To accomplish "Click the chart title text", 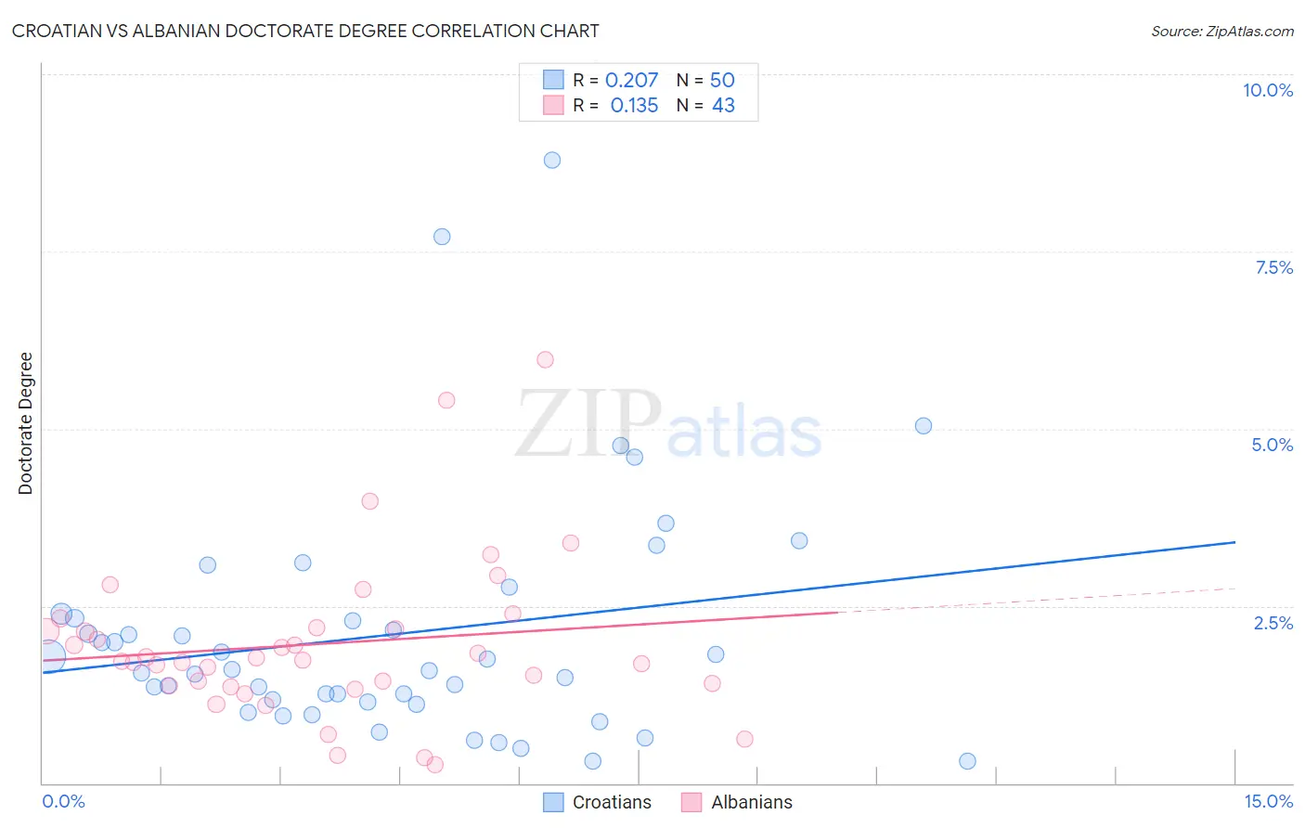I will (x=305, y=31).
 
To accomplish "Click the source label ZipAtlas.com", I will (x=1221, y=31).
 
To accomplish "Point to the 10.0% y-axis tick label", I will (x=1267, y=90).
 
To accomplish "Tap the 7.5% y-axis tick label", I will (x=1273, y=267).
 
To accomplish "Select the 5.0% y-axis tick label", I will (x=1272, y=445).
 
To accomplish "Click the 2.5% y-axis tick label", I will (x=1273, y=623).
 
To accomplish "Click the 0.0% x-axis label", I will (x=63, y=801).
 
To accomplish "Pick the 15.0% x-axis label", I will (x=1268, y=801).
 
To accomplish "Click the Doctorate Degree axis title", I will (x=26, y=423).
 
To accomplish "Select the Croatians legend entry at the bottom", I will (x=597, y=802).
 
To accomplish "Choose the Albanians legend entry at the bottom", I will (x=737, y=802).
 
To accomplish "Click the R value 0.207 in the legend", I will (x=631, y=81).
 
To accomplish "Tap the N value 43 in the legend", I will (x=723, y=106).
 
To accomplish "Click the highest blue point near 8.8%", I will (x=552, y=160).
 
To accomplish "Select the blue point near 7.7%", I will (x=442, y=237).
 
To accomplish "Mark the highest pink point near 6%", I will (x=545, y=359).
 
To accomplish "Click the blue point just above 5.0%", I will (x=924, y=426).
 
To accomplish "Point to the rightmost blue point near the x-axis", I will (x=967, y=761).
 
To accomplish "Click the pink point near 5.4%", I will (x=446, y=400).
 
